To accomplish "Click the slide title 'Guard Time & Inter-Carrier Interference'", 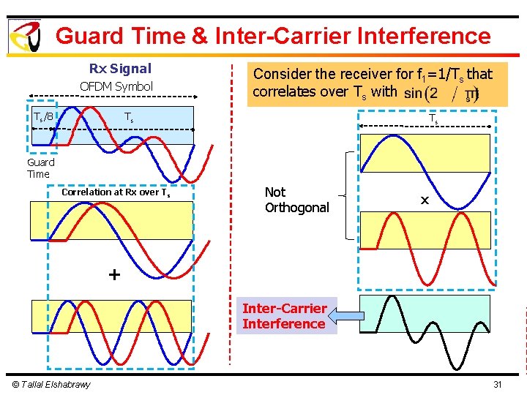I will [x=273, y=36].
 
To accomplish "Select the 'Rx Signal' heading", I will [x=120, y=69].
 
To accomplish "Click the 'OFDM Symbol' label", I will [x=116, y=86].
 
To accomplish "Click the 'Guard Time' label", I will [x=40, y=168].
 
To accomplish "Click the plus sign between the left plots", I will [x=113, y=274].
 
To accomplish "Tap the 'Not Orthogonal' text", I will [x=296, y=200].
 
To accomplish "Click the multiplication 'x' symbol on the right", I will [x=425, y=199].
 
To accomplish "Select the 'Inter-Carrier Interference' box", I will [x=284, y=316].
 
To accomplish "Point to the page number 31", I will [x=498, y=385].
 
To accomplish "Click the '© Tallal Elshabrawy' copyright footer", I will [x=51, y=385].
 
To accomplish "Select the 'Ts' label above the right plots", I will [x=433, y=118].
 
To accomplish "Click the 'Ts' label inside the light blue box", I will [x=128, y=117].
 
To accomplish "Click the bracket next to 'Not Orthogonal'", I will [x=346, y=196].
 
